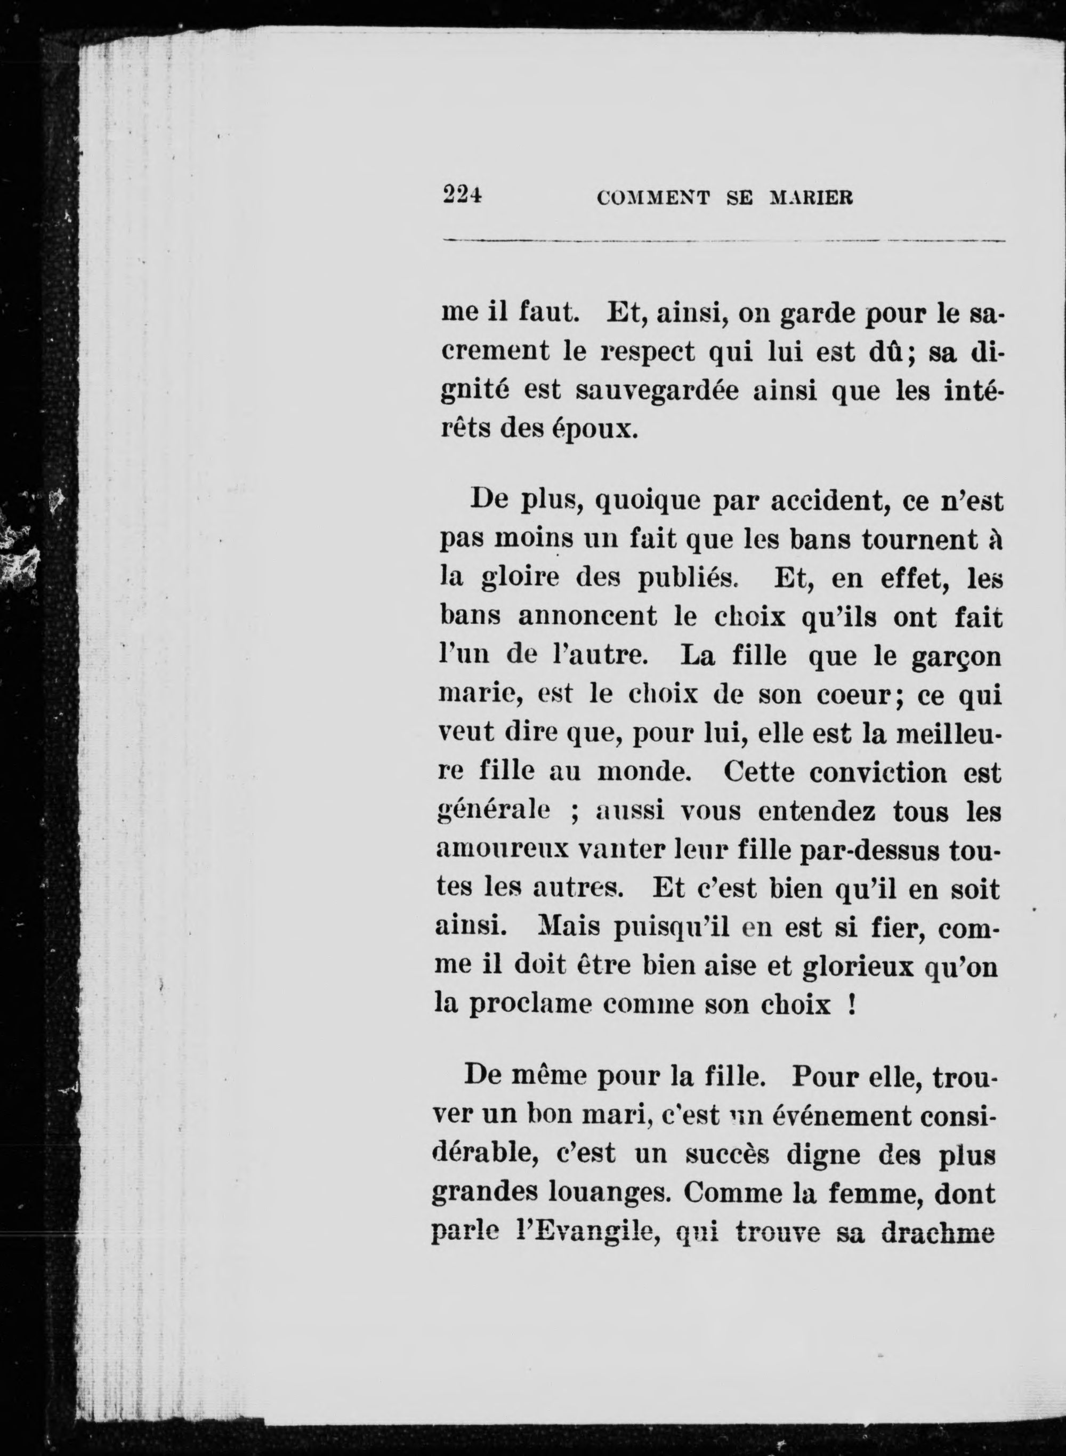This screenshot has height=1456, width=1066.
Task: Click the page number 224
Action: pyautogui.click(x=463, y=195)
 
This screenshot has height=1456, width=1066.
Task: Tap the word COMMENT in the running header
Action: pyautogui.click(x=653, y=197)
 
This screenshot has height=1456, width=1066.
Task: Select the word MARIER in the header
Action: pyautogui.click(x=812, y=197)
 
